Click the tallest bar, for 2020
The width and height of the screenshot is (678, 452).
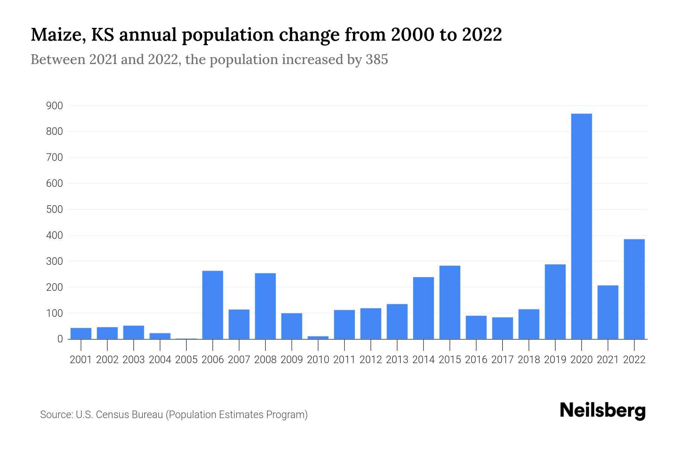[581, 226]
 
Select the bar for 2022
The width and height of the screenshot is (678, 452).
[634, 289]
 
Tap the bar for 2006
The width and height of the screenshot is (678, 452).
[212, 305]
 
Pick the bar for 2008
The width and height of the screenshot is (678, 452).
[265, 306]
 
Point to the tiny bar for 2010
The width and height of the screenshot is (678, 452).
[318, 337]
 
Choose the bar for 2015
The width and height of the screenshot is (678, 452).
[450, 302]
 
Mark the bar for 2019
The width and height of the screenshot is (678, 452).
[555, 301]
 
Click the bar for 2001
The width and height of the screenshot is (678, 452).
[81, 333]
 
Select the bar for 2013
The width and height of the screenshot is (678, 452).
[397, 321]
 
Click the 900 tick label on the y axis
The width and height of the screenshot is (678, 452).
[54, 106]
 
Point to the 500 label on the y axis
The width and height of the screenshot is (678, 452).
[54, 209]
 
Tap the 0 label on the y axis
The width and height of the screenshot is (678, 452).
[60, 339]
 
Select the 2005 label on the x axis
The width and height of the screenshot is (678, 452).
[186, 360]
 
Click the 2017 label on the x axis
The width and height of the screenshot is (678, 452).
[502, 360]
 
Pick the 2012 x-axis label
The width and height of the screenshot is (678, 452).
[371, 360]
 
